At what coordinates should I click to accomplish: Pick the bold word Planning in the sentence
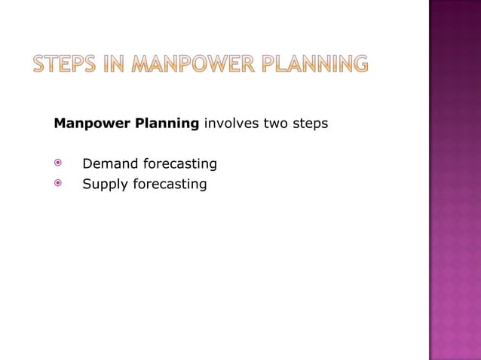166,124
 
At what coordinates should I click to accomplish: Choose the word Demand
108,163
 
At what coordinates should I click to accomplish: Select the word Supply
104,184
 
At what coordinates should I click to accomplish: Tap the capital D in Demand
87,163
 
